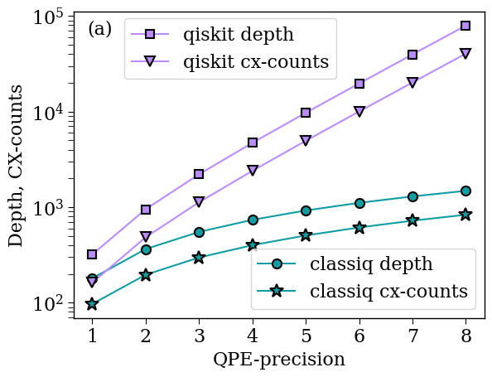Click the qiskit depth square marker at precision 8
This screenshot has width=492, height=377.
click(465, 26)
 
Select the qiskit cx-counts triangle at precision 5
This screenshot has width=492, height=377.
click(306, 140)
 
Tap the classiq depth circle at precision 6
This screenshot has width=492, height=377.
click(359, 203)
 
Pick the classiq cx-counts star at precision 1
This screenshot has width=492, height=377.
click(92, 303)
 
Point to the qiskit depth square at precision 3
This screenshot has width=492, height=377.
click(199, 174)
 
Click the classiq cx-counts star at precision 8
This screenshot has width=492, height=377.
click(465, 215)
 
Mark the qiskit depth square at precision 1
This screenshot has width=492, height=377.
click(92, 254)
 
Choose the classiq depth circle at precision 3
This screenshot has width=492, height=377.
click(199, 233)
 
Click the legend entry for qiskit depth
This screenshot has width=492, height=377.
click(239, 34)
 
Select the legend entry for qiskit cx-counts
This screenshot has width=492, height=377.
click(256, 61)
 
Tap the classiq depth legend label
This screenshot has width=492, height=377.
click(371, 264)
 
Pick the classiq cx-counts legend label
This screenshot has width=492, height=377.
click(388, 291)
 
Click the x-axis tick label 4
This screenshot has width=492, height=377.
click(253, 336)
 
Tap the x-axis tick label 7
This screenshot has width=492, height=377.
click(412, 336)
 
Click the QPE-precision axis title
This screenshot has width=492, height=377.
click(279, 360)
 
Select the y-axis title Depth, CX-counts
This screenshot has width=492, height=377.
click(16, 167)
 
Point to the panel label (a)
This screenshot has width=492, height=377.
click(99, 30)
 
